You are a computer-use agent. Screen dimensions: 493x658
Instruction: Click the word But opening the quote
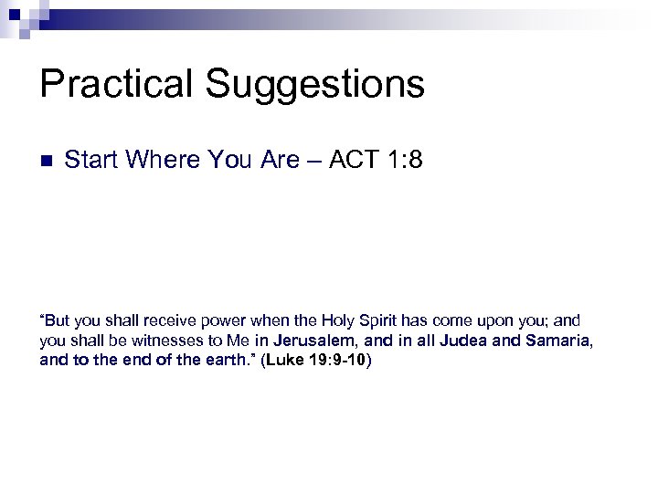58,321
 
